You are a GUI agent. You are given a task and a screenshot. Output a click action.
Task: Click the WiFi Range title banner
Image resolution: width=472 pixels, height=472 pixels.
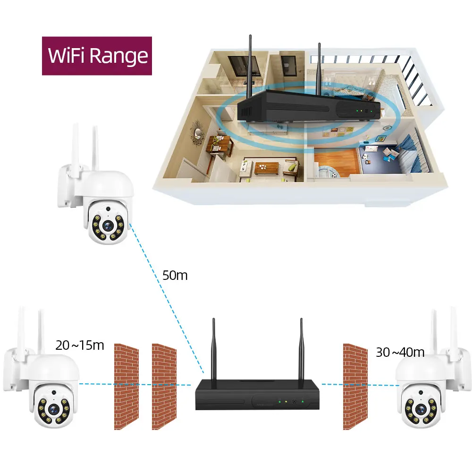[x=97, y=56]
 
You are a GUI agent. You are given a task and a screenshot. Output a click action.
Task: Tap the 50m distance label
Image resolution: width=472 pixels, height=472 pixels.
[x=175, y=276]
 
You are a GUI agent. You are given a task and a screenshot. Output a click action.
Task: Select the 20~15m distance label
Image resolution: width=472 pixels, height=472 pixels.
[x=79, y=345]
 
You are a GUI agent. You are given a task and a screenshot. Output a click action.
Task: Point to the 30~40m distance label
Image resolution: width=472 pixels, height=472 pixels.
[x=400, y=352]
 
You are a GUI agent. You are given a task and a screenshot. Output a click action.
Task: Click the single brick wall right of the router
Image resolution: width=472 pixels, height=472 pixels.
[x=355, y=386]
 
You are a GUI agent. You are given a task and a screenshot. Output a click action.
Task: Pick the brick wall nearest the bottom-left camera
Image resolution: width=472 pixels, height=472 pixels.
[x=126, y=386]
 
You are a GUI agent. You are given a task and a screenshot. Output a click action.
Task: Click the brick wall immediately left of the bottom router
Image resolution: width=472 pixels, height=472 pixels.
[x=164, y=386]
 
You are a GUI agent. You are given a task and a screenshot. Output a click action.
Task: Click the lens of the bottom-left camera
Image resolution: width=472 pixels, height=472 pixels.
[x=52, y=407]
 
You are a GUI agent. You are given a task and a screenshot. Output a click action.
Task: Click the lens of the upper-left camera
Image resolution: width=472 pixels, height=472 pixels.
[x=109, y=225]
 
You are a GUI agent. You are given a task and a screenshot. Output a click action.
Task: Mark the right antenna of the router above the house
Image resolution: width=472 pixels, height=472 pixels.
[x=319, y=66]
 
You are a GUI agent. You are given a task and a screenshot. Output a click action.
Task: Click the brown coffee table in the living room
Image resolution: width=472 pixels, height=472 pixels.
[x=267, y=167]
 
